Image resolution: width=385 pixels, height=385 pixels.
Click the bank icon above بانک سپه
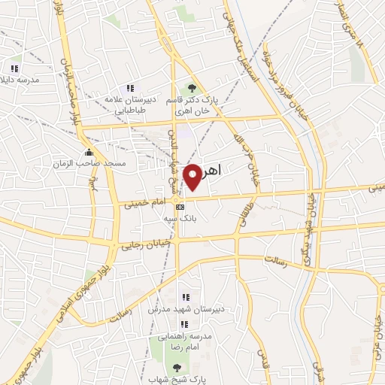point(179,207)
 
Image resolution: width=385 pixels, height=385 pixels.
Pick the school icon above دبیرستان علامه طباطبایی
point(130,88)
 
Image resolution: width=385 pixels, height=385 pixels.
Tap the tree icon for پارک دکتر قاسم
point(191,89)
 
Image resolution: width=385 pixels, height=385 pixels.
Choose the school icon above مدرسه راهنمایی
point(185,323)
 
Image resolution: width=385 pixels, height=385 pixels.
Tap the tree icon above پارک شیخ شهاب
point(177,367)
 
